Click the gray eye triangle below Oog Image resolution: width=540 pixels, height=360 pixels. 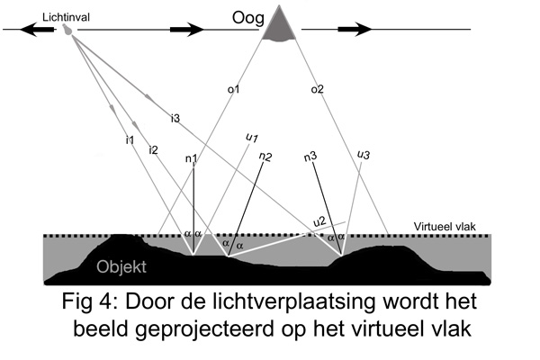coord(281,24)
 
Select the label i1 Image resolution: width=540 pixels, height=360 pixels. coord(130,139)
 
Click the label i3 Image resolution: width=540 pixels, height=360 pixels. coord(175,118)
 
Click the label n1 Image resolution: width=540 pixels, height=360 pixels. coord(192,159)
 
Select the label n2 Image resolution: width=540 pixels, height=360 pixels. coord(265,156)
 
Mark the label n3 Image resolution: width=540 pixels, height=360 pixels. coord(310,157)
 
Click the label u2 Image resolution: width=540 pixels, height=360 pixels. coord(319,221)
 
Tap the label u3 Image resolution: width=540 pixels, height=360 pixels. coord(364,155)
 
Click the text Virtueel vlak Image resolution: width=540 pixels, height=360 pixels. coord(450,226)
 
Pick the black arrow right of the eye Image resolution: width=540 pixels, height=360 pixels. coord(358,30)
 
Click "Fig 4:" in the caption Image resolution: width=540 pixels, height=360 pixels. coord(97,298)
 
